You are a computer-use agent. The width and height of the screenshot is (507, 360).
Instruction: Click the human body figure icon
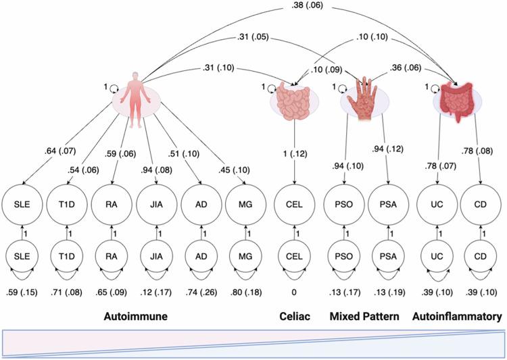pyautogui.click(x=136, y=101)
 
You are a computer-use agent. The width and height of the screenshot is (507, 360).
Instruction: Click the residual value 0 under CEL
pyautogui.click(x=294, y=292)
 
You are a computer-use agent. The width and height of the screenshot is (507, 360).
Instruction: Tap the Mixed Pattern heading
pyautogui.click(x=364, y=315)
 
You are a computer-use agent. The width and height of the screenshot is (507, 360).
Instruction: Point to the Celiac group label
pyautogui.click(x=294, y=315)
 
